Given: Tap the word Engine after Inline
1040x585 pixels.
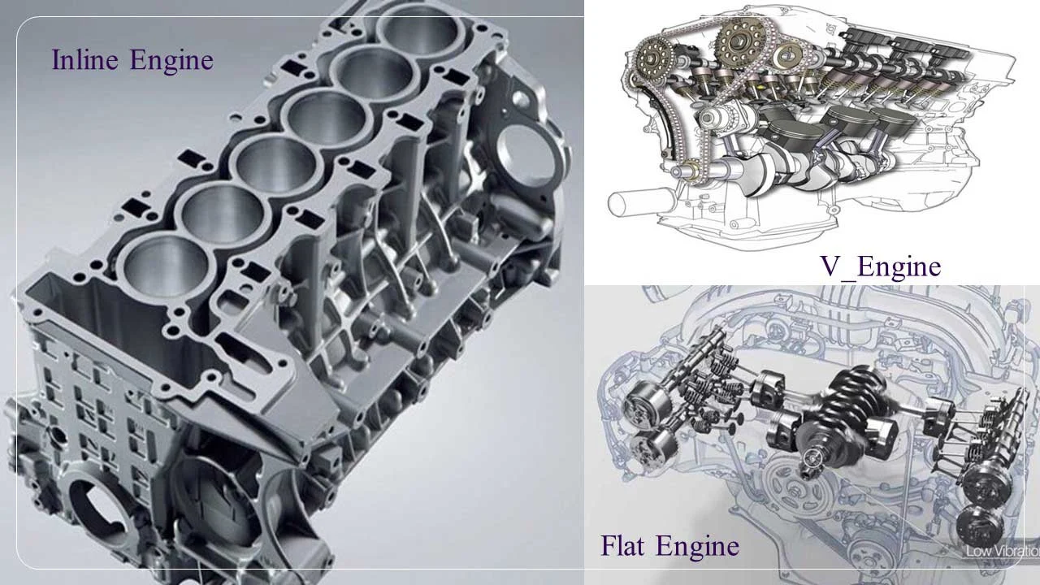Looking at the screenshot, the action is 171,61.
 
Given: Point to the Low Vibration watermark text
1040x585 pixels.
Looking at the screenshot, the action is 1003,552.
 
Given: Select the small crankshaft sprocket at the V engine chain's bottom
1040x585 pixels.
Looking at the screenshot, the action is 691,171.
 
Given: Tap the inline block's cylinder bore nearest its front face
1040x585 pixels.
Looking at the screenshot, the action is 166,269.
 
